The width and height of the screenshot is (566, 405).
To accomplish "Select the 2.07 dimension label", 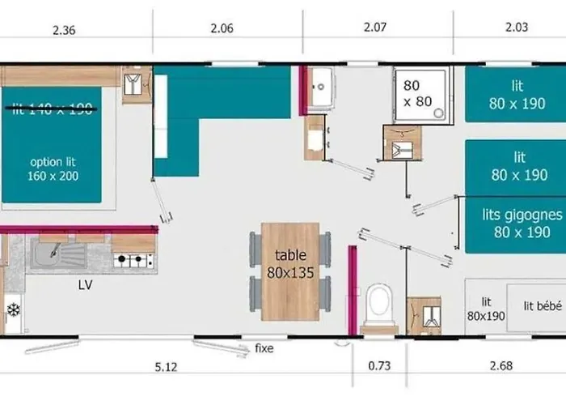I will pyautogui.click(x=375, y=27).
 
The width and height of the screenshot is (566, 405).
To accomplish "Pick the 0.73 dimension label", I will pyautogui.click(x=379, y=366).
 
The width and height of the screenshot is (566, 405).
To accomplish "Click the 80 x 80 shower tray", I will pyautogui.click(x=419, y=94).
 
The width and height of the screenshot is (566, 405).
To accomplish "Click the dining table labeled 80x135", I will pyautogui.click(x=290, y=271).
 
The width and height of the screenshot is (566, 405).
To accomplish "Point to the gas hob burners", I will pyautogui.click(x=134, y=261).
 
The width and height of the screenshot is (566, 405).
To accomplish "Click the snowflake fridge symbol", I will pyautogui.click(x=12, y=309).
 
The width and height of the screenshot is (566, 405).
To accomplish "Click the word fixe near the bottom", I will pyautogui.click(x=264, y=349).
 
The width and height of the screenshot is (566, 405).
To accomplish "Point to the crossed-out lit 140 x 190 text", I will pyautogui.click(x=53, y=111).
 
